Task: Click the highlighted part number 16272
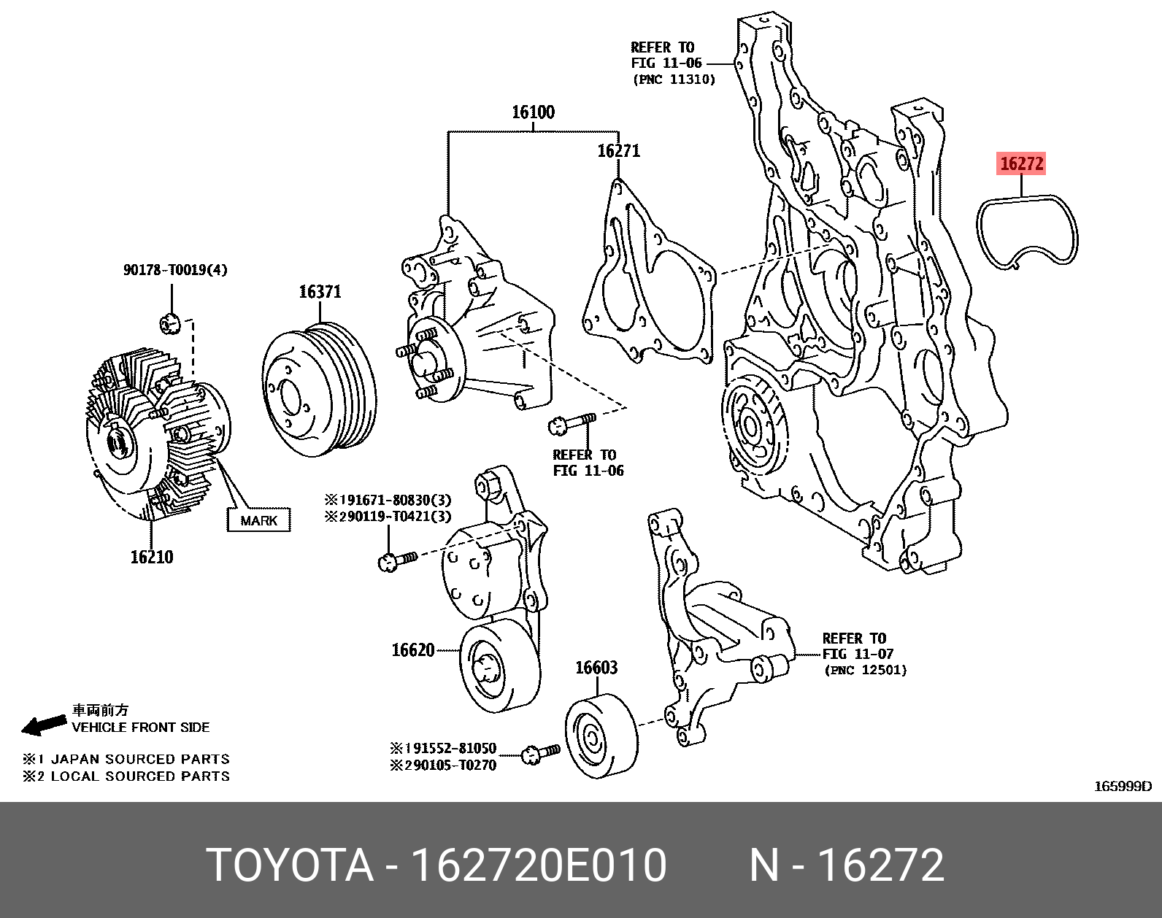[1021, 163]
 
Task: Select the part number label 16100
[533, 112]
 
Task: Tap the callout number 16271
[618, 151]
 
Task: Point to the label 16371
[320, 292]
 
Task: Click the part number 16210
[152, 558]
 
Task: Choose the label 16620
[413, 650]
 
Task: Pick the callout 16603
[596, 668]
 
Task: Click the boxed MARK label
[258, 520]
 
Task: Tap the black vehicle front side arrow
[44, 724]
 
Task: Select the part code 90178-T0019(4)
[175, 270]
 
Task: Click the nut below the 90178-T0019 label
[170, 321]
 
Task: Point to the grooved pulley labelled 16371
[320, 390]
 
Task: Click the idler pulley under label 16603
[601, 737]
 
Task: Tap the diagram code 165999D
[1122, 787]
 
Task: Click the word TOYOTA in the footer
[290, 865]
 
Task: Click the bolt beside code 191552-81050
[541, 753]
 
